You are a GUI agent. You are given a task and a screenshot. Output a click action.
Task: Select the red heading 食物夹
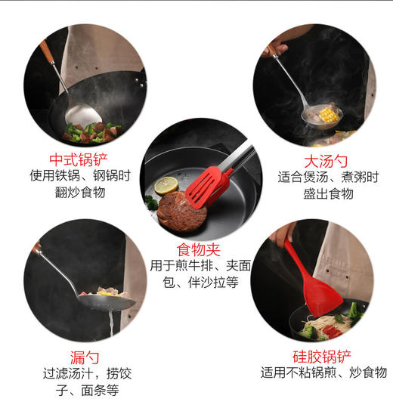[x=197, y=249]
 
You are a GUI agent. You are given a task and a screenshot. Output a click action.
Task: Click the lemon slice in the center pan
[x=166, y=184]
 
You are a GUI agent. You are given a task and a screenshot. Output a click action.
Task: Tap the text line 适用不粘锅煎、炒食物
[x=323, y=372]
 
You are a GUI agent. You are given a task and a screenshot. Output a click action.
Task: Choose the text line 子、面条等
[x=82, y=390]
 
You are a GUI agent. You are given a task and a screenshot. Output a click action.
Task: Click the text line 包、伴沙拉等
[x=201, y=283]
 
